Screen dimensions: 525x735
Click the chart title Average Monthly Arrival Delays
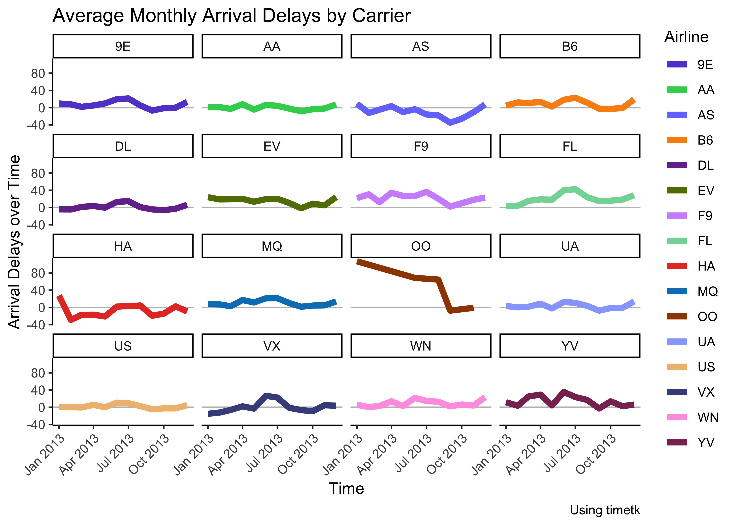231,16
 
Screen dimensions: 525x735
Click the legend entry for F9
705,216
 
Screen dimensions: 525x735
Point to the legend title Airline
686,37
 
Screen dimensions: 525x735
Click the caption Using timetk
604,510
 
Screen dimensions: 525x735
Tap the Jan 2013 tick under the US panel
45,454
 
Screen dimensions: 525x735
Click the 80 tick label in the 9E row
38,74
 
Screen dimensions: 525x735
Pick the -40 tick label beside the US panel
36,424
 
